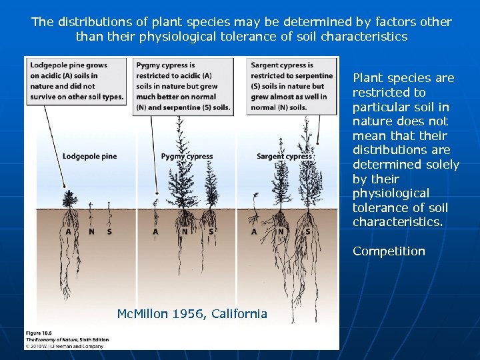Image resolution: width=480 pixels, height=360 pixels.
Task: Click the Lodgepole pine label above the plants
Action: [x=89, y=157]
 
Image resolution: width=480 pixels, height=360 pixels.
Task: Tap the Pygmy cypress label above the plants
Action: [x=187, y=157]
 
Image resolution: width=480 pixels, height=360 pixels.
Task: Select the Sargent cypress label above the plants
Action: [x=283, y=157]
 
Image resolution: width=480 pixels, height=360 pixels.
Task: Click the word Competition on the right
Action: [x=389, y=251]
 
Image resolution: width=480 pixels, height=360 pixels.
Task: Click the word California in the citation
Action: [x=239, y=313]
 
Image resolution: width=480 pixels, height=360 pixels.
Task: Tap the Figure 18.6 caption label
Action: [x=39, y=332]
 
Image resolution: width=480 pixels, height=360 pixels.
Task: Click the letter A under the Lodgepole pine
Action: [x=69, y=232]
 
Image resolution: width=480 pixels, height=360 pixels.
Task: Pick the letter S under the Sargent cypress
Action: [x=307, y=232]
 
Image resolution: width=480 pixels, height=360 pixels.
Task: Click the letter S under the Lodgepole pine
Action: [x=109, y=232]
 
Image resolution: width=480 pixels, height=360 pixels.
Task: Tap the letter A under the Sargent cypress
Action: [x=254, y=232]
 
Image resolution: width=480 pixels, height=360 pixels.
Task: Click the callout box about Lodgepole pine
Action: [x=77, y=81]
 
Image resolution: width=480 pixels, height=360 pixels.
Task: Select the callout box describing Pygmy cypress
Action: [x=183, y=86]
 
